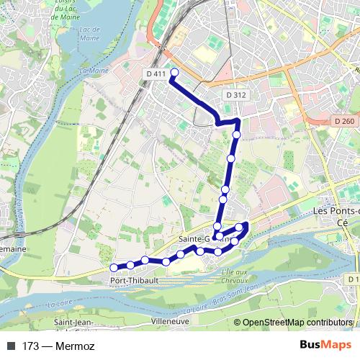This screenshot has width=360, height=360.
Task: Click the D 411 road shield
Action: click(x=155, y=74)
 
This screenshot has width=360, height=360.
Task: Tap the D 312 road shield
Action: click(x=235, y=95)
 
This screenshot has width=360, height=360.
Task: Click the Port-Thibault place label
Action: click(x=129, y=282)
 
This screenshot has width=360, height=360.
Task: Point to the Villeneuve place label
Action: click(x=170, y=321)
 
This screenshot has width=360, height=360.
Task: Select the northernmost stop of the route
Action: click(x=174, y=72)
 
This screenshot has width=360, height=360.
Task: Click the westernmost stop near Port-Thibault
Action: click(x=113, y=268)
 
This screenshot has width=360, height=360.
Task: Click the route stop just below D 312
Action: click(x=236, y=135)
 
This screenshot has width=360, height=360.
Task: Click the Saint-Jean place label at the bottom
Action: click(x=73, y=321)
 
